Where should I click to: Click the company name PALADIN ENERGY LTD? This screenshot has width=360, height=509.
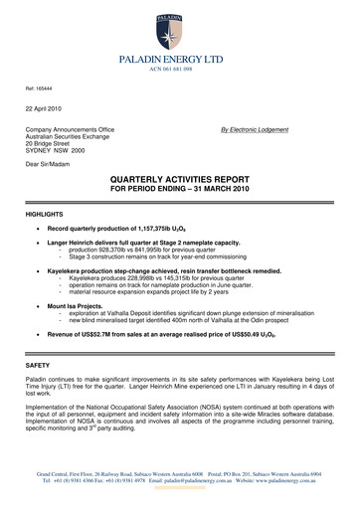180,62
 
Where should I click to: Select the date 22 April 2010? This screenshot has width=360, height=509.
46,108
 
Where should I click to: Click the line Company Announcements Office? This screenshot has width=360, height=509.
71,129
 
